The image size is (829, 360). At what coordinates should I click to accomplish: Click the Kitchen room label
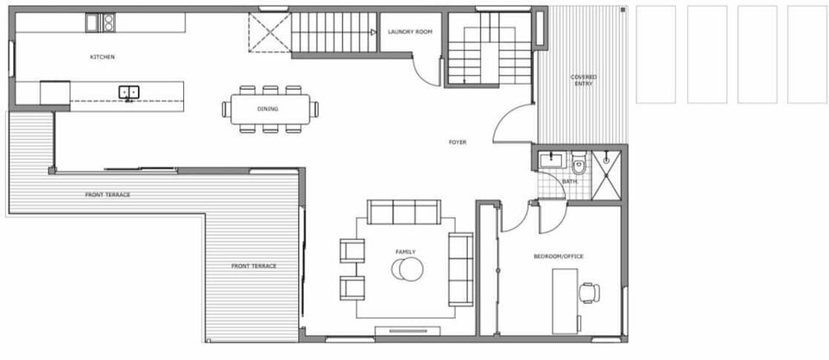(103, 57)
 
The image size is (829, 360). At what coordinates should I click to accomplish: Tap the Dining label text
(268, 109)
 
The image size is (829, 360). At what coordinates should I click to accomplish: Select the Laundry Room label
(410, 32)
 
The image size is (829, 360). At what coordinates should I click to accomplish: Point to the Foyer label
(458, 142)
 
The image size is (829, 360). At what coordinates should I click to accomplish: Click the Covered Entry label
(584, 81)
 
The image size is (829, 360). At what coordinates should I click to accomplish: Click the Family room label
(405, 252)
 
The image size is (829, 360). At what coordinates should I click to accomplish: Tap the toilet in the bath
(579, 164)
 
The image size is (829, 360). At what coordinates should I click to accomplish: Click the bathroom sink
(549, 161)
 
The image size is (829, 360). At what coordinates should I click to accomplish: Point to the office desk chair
(590, 292)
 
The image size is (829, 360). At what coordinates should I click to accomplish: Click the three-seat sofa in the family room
(404, 212)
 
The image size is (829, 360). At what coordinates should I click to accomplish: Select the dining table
(270, 109)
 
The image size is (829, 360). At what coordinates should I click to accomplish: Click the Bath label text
(570, 182)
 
